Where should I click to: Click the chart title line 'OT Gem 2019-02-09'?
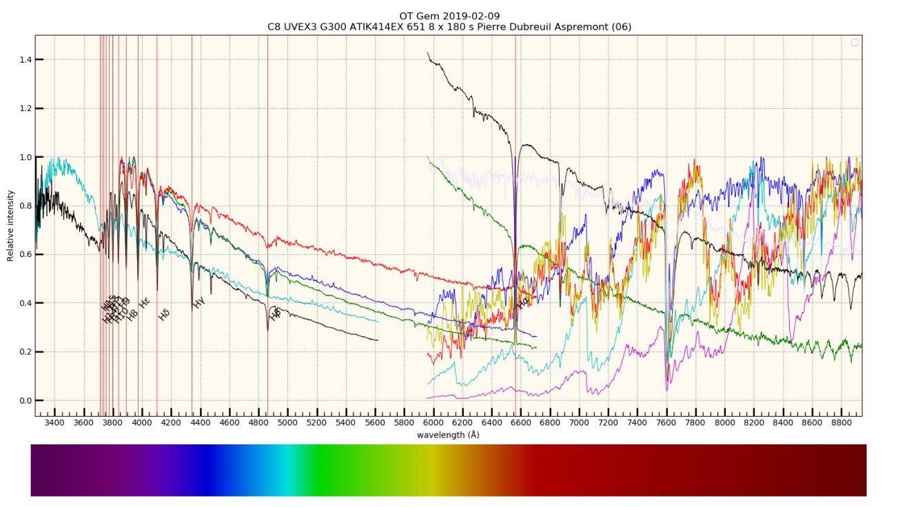pos(449,16)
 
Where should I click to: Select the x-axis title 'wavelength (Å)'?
pos(448,435)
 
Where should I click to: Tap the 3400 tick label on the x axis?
pos(54,423)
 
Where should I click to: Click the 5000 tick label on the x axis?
pos(287,423)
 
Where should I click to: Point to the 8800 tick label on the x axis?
pos(841,423)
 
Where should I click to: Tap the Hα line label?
pos(523,302)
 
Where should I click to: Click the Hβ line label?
pos(276,315)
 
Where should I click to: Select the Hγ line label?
pos(199,302)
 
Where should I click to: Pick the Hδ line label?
pos(164,315)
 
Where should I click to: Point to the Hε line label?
pos(145,303)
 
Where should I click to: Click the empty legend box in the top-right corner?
pos(855,43)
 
